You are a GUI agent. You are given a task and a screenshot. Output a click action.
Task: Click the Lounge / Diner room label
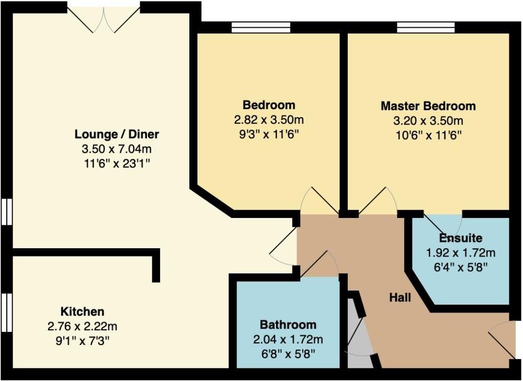[117, 134]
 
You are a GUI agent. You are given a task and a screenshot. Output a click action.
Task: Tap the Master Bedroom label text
[428, 106]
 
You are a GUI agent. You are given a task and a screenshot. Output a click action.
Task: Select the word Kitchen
[83, 311]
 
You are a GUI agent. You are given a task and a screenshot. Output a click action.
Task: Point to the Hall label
[400, 297]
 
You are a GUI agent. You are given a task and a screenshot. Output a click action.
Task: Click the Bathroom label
[288, 325]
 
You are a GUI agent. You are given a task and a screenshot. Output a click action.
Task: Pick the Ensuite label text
[461, 238]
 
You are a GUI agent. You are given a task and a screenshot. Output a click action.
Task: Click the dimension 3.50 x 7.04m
[117, 148]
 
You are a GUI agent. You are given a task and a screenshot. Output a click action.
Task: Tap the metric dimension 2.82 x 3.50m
[269, 120]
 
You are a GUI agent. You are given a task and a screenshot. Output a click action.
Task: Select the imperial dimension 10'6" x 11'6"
[428, 135]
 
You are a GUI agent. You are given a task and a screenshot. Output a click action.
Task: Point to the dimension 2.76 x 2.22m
[83, 326]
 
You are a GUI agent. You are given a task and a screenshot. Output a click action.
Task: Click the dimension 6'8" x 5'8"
[288, 354]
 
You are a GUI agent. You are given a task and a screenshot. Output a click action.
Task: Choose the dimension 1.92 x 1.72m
[461, 252]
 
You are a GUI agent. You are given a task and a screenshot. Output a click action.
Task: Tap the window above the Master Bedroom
[425, 27]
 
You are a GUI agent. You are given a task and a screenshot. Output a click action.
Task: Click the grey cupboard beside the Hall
[360, 333]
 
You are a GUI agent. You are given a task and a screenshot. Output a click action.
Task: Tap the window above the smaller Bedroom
[261, 27]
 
